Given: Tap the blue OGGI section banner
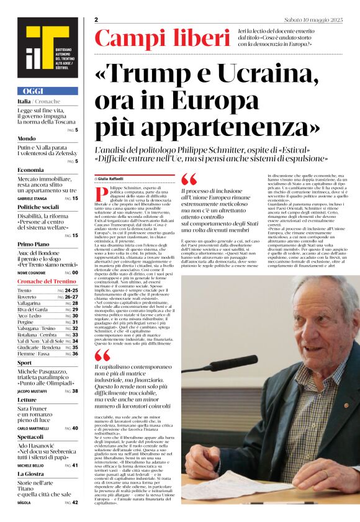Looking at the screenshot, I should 47,91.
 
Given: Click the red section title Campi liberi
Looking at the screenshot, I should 162,38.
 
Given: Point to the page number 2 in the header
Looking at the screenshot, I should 97,20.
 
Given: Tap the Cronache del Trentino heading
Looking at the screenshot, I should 47,282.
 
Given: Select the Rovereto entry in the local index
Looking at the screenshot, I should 27,297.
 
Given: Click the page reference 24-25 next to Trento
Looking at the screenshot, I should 71,290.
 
